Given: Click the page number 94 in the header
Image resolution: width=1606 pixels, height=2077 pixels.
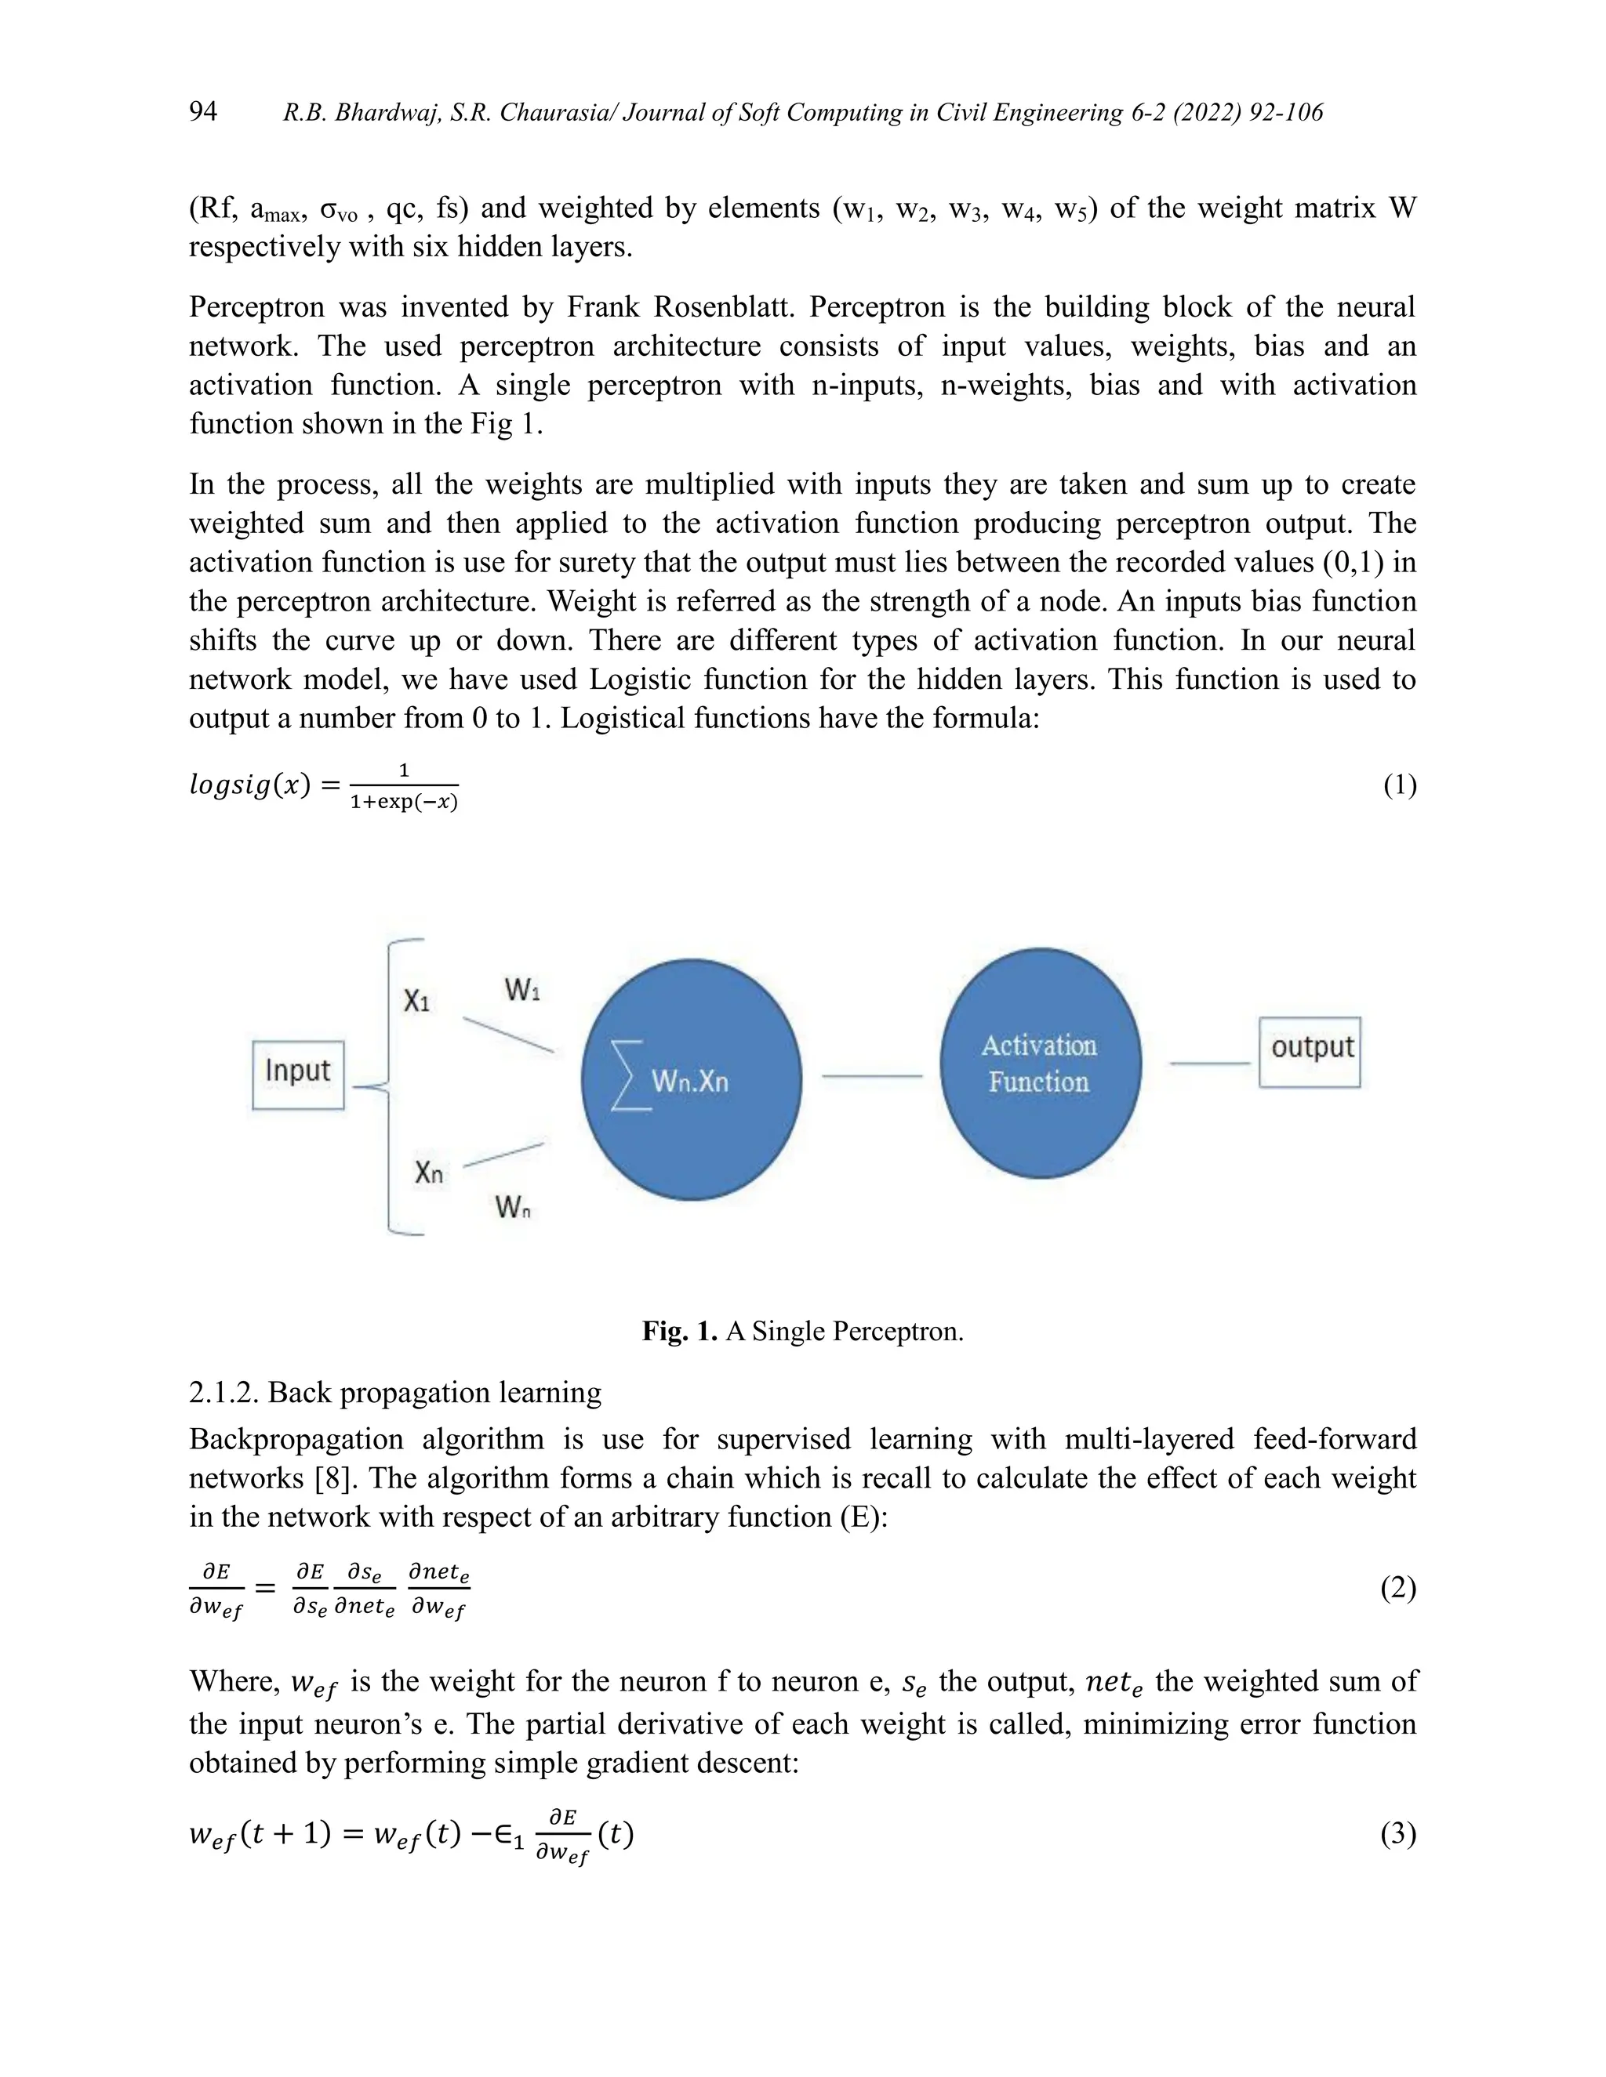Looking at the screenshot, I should point(202,111).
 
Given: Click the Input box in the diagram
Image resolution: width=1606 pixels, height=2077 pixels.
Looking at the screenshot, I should point(298,1074).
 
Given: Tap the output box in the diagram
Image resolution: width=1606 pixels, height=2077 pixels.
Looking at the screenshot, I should point(1310,1051).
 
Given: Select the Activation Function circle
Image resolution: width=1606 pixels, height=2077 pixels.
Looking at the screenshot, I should point(1040,1064).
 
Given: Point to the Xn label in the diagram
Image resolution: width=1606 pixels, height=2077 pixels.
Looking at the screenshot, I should point(428,1173).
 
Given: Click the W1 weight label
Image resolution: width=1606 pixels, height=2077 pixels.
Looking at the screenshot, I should point(522,990).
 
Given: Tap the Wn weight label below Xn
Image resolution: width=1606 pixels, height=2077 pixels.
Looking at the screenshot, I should point(513,1208).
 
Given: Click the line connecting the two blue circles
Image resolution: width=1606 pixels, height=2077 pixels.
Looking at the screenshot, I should point(871,1075).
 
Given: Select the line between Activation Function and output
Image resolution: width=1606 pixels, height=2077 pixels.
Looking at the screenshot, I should point(1209,1064).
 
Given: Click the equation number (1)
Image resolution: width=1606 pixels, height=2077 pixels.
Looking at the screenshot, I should point(1399,785).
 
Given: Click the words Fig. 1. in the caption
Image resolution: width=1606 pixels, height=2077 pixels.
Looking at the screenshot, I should point(679,1331).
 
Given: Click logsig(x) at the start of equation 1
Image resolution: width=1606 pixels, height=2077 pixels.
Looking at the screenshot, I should point(250,785).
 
